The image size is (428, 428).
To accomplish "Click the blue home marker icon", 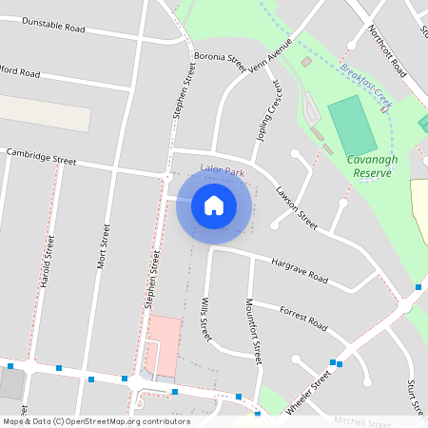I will pos(214,205).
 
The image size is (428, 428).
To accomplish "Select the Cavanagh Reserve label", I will pos(373,166).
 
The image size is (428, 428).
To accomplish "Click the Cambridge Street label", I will pos(41,154).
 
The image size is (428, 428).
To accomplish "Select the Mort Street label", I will pos(104,245).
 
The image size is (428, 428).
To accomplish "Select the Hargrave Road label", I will pos(299,271).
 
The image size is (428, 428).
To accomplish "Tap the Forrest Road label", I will pos(303,316).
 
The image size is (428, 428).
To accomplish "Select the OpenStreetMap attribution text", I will pos(95,421).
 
